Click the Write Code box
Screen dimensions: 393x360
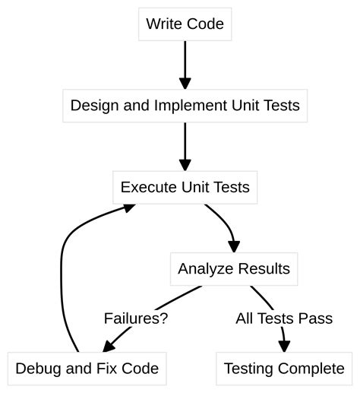coord(185,24)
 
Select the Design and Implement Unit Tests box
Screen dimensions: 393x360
coord(185,106)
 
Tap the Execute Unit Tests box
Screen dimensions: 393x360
coord(185,187)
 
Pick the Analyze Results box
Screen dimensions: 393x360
coord(233,268)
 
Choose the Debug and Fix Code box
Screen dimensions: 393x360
coord(87,369)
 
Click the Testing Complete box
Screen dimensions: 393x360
coord(283,369)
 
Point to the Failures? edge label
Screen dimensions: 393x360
coord(136,319)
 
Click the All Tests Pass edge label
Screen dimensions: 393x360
coord(283,319)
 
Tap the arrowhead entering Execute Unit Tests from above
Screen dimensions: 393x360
coord(185,163)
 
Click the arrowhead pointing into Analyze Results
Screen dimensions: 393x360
coord(233,245)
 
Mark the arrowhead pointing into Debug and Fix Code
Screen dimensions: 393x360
coord(109,347)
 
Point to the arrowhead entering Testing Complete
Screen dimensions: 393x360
coord(284,346)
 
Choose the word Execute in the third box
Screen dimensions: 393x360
coord(147,187)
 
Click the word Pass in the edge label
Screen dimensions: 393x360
coord(317,319)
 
